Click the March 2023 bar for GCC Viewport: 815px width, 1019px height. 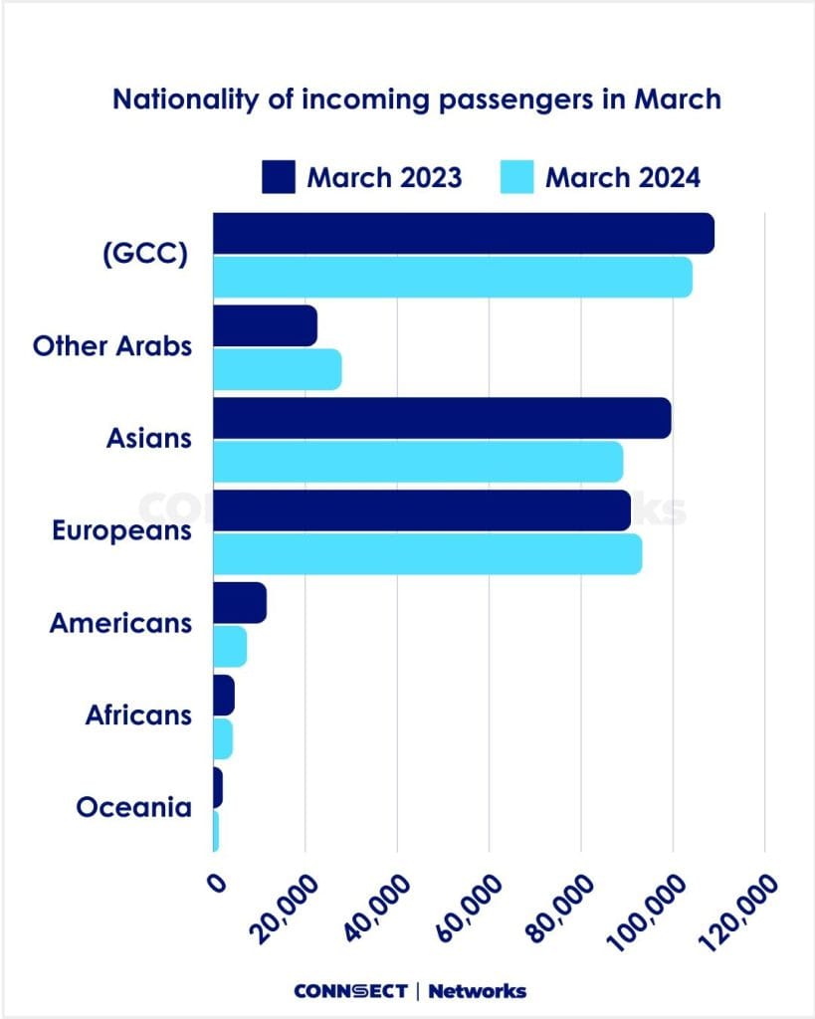(463, 233)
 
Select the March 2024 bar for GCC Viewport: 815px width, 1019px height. (453, 276)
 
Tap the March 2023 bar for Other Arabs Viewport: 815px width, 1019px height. (265, 325)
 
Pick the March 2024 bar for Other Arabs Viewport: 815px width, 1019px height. (278, 369)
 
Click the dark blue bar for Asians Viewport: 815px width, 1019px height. (442, 418)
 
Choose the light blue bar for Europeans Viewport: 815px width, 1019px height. (428, 553)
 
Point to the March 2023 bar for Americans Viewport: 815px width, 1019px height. (240, 603)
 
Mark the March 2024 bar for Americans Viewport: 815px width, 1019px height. (230, 648)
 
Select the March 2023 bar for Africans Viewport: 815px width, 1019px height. (224, 695)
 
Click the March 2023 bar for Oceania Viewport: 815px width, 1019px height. (218, 787)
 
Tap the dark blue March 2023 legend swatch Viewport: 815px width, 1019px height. (279, 178)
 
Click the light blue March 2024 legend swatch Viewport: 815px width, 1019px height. (517, 178)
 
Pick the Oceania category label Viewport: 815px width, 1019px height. (133, 807)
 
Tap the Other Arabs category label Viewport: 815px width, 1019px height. (111, 347)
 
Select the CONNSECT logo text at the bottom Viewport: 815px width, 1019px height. (350, 990)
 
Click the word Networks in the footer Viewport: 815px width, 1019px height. (477, 990)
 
